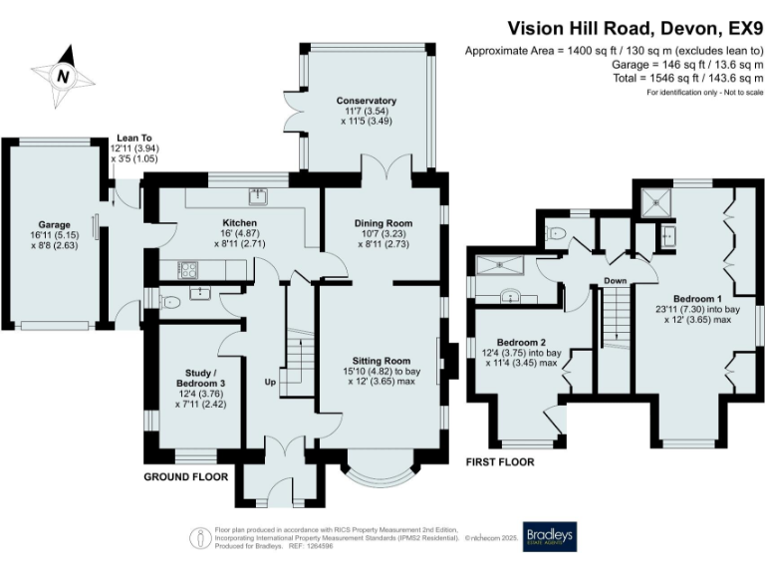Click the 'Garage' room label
tap(56, 225)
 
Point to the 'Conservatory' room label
tap(366, 101)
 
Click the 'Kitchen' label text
tap(240, 222)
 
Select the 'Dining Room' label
tap(383, 222)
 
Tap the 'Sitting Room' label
tap(382, 360)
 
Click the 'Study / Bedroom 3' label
tap(194, 377)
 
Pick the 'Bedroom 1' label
tap(697, 298)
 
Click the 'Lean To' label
tap(134, 139)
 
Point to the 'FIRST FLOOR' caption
tap(500, 462)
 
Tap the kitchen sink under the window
tap(257, 195)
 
